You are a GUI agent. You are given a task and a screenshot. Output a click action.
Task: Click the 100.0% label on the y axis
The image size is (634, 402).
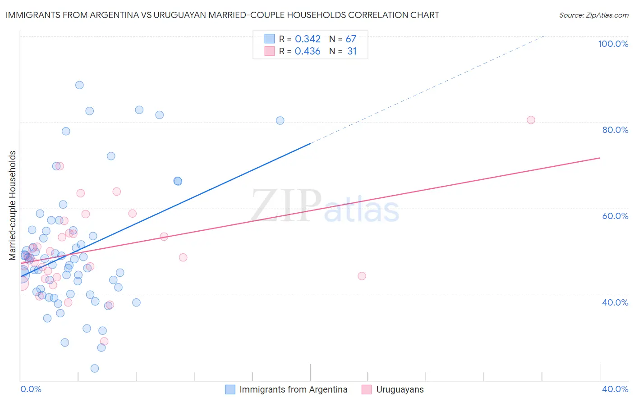[x=613, y=44]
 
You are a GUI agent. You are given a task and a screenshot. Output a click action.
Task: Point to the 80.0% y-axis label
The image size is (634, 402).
[x=615, y=130]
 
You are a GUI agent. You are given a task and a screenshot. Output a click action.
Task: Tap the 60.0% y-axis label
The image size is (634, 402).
[x=615, y=216]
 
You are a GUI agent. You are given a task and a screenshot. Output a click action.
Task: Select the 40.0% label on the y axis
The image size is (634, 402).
[x=615, y=302]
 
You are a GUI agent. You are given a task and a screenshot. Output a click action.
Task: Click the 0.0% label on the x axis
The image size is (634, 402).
[x=31, y=389]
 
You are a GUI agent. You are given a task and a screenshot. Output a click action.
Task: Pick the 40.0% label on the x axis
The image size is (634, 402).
[x=615, y=389]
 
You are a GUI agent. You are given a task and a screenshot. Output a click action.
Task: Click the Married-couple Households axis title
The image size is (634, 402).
[x=13, y=206]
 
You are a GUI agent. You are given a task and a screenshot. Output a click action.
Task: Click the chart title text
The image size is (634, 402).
[x=222, y=15]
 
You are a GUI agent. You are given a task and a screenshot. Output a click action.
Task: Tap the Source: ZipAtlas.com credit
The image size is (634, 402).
[x=593, y=15]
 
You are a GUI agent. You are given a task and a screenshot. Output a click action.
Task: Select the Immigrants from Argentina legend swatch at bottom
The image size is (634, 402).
[x=230, y=389]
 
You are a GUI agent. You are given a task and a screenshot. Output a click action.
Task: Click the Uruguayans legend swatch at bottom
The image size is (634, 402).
[x=367, y=389]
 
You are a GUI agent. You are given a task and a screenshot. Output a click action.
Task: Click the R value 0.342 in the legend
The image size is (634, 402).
[x=308, y=39]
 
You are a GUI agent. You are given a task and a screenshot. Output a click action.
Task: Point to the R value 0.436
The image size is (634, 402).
[x=308, y=51]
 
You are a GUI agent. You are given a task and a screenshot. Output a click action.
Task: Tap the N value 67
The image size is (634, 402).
[x=351, y=39]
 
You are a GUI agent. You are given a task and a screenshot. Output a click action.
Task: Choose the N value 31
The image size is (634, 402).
[x=352, y=51]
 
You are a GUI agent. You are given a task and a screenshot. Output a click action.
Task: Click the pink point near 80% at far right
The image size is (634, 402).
[x=531, y=120]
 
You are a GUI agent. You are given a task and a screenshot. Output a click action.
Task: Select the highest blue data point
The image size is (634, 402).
[x=79, y=85]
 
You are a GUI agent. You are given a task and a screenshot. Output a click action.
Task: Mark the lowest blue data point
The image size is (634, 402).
[x=95, y=368]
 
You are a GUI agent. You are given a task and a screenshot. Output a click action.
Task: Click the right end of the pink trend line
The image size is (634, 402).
[x=600, y=158]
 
